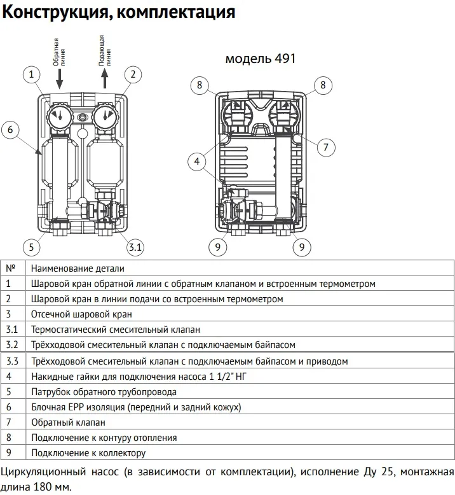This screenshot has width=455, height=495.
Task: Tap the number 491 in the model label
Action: (x=284, y=59)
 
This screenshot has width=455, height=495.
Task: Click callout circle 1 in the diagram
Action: (x=31, y=74)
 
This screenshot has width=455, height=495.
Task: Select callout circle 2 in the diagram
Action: (x=132, y=74)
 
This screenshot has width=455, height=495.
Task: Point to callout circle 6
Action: (x=10, y=130)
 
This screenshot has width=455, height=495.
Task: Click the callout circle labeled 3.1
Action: (x=135, y=246)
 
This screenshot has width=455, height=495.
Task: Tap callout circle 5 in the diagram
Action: (x=31, y=246)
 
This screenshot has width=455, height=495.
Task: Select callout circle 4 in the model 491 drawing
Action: (x=198, y=162)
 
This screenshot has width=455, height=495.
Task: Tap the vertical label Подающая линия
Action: (x=104, y=52)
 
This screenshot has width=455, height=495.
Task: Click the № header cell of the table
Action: (x=10, y=268)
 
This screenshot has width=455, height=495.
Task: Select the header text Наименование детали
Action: (x=78, y=268)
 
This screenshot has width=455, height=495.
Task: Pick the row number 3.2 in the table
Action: (x=12, y=345)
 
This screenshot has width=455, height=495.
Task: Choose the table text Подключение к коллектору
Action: (x=88, y=453)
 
